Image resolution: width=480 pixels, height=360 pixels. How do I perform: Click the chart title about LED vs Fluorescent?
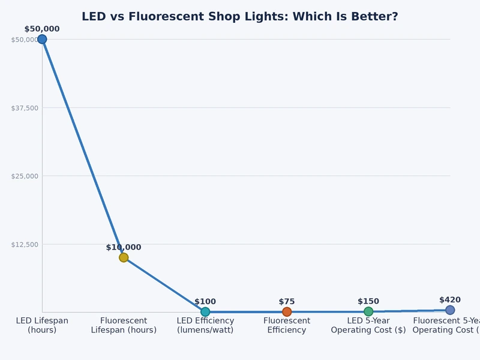tap(239, 17)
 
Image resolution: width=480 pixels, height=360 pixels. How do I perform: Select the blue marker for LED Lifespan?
tap(42, 39)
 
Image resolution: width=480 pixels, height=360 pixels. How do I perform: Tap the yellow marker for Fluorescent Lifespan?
tap(124, 257)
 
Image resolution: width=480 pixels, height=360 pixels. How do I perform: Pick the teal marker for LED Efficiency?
tap(205, 311)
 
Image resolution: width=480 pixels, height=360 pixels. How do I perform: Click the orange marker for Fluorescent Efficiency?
tap(287, 311)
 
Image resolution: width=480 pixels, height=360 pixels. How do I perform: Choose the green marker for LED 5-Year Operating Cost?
tap(368, 311)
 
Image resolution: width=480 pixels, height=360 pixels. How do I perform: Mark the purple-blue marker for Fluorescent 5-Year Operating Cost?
tap(450, 310)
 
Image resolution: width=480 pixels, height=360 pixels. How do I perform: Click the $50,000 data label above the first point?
tap(42, 29)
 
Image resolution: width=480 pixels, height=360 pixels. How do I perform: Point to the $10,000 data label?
tap(124, 247)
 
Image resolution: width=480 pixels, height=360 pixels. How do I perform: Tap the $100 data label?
tap(205, 302)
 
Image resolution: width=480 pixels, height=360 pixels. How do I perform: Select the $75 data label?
tap(287, 302)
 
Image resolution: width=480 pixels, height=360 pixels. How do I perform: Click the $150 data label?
tap(368, 301)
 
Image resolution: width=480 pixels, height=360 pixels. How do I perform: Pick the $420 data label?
tap(450, 300)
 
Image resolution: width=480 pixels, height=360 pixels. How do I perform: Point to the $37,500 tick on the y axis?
tap(25, 108)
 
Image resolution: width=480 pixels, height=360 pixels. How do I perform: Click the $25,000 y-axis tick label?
tap(25, 176)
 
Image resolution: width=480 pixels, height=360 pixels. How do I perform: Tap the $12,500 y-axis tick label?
tap(25, 244)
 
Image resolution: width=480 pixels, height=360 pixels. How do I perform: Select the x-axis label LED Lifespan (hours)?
tap(42, 325)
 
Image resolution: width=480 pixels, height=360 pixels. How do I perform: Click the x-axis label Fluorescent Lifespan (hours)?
tap(124, 325)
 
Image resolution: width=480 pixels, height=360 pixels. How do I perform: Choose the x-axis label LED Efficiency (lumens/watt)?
tap(205, 325)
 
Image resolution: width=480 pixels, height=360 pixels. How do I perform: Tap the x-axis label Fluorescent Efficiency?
tap(287, 325)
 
